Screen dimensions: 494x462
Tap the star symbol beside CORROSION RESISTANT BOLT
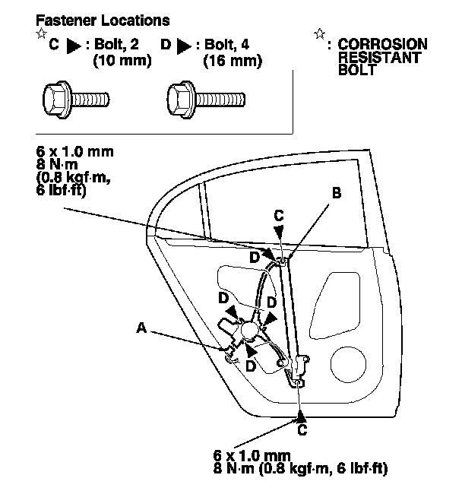pos(319,34)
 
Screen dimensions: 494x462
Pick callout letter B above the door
pos(336,194)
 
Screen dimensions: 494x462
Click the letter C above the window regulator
pos(279,216)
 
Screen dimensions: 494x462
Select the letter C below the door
pos(302,430)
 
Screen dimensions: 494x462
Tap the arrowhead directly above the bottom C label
pos(302,414)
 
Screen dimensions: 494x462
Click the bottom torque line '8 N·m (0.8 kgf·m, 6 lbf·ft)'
pos(301,468)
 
